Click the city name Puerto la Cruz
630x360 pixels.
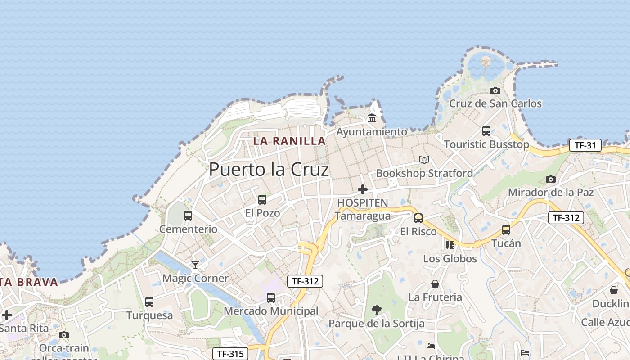point(269,170)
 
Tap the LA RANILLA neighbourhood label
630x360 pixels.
point(289,141)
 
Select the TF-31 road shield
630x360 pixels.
point(585,145)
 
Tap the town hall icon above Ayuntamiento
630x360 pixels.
point(372,118)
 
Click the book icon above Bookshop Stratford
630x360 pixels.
point(424,160)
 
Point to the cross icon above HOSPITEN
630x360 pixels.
point(362,189)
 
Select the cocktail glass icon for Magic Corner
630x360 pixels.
point(195,265)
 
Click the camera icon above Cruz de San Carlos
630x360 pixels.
point(495,90)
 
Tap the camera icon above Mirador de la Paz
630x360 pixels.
point(550,179)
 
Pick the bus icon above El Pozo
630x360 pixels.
point(262,199)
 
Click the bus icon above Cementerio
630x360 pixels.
point(188,216)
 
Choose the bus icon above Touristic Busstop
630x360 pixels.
point(486,131)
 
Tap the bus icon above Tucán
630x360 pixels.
point(506,230)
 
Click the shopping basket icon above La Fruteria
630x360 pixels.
point(435,284)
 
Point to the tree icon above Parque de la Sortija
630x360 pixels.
point(377,310)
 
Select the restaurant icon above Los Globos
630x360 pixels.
point(450,245)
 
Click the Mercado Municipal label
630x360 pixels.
point(271,311)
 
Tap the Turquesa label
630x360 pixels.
point(149,315)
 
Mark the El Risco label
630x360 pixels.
point(418,232)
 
